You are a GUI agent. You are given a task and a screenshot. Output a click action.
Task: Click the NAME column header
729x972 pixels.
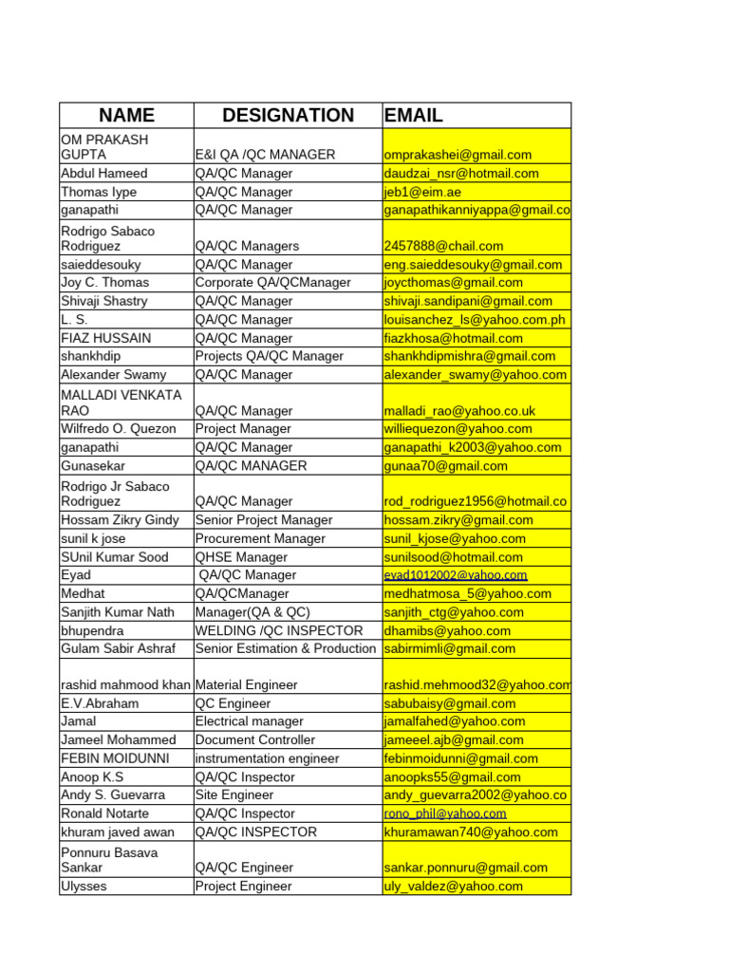126,116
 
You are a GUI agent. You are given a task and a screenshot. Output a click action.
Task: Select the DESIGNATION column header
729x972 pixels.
288,116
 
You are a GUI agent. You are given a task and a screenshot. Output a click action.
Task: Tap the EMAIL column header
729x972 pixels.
414,116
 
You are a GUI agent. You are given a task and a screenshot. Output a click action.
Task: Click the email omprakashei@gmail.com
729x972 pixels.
458,155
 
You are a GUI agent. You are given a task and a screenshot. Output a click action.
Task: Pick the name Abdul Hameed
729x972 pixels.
104,174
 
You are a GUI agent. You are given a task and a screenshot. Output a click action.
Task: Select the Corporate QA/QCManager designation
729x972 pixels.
272,283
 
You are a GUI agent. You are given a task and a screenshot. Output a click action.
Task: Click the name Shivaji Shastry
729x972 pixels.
104,301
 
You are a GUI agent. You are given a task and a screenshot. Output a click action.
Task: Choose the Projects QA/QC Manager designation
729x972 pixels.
269,356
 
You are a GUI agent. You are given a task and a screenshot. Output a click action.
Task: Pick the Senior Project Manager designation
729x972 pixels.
264,520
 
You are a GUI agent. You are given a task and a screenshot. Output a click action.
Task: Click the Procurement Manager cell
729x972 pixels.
260,538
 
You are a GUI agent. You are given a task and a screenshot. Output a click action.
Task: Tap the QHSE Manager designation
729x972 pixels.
241,557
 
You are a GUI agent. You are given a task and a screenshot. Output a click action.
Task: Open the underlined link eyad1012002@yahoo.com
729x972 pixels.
455,575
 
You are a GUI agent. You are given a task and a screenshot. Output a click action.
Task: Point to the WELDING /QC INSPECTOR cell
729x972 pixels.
279,630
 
